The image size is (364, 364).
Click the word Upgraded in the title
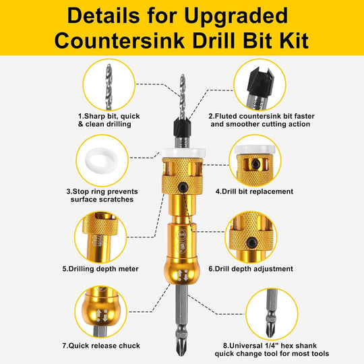pyautogui.click(x=236, y=16)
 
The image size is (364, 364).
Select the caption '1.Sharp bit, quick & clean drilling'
pyautogui.click(x=109, y=120)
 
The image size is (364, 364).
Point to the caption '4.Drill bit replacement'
pyautogui.click(x=254, y=191)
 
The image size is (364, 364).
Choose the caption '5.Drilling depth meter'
pyautogui.click(x=100, y=269)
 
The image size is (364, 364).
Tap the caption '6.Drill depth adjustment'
pyautogui.click(x=251, y=269)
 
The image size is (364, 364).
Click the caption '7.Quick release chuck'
pyautogui.click(x=101, y=346)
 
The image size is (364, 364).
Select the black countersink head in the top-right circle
pyautogui.click(x=260, y=80)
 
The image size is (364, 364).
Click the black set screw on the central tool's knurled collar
pyautogui.click(x=183, y=187)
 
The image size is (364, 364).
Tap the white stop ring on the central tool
pyautogui.click(x=183, y=152)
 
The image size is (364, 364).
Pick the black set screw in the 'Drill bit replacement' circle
pyautogui.click(x=255, y=164)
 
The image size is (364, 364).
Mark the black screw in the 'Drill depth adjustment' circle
pyautogui.click(x=252, y=243)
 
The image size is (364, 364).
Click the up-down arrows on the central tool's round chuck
pyautogui.click(x=183, y=275)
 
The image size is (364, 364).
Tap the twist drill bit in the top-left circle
pyautogui.click(x=109, y=87)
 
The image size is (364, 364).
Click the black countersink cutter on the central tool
pyautogui.click(x=182, y=128)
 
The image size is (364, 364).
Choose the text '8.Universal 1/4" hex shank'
pyautogui.click(x=270, y=346)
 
